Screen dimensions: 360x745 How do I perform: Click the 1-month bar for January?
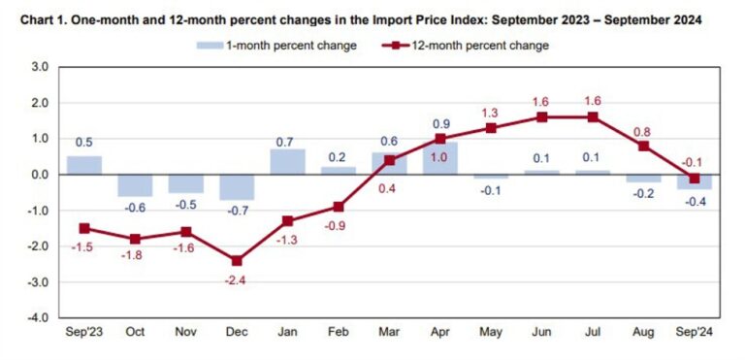pos(288,162)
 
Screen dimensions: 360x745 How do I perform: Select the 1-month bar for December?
pos(237,186)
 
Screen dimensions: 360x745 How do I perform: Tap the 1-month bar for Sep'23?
pos(84,165)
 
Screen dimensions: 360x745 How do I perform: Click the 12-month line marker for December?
pos(237,260)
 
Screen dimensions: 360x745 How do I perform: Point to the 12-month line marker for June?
pos(542,117)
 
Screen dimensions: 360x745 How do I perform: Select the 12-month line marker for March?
pos(389,160)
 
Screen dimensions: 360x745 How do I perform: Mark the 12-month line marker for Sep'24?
pos(695,179)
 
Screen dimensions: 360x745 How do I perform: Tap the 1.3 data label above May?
pos(491,112)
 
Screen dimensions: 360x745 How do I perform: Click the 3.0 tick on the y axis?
pos(39,67)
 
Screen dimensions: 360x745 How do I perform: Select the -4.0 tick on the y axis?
pos(38,317)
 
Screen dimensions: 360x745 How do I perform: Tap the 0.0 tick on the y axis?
pos(39,175)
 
